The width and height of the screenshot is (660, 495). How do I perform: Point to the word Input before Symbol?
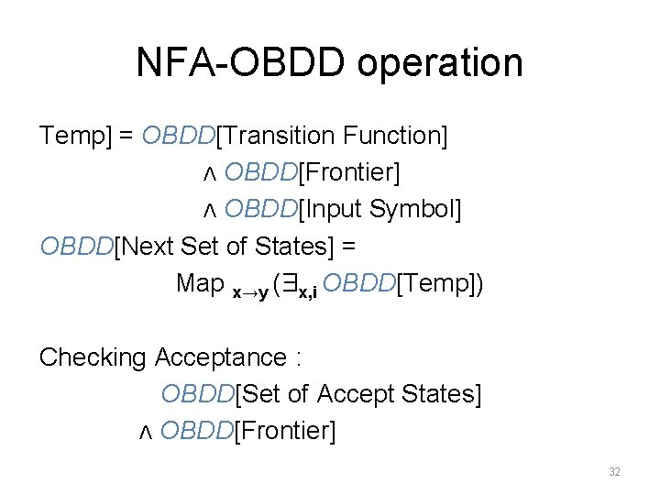click(x=333, y=209)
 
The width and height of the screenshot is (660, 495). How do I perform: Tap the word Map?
click(x=200, y=283)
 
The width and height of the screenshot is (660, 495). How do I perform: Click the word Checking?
click(x=93, y=357)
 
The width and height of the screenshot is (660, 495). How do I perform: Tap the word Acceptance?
click(x=221, y=357)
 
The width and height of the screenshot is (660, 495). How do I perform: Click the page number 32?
click(x=614, y=472)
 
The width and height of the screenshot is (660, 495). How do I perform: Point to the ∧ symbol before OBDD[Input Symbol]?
click(x=208, y=210)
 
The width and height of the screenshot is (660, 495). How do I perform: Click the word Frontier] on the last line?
click(x=286, y=430)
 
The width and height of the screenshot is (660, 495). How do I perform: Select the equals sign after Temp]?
click(x=126, y=136)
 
